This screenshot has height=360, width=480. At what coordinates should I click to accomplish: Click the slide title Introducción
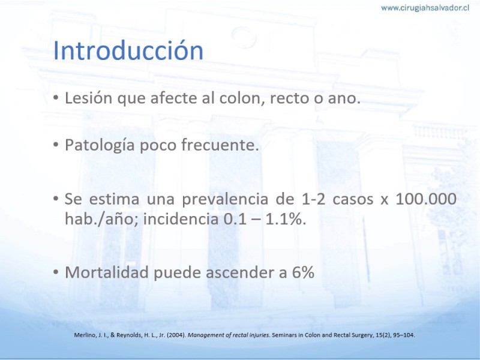point(128,50)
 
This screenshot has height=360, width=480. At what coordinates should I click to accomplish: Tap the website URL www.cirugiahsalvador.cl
point(425,8)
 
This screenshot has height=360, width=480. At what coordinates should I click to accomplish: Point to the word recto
point(291,99)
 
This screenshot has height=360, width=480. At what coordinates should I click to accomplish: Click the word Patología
point(100,145)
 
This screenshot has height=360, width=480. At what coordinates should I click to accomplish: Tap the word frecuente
point(220,145)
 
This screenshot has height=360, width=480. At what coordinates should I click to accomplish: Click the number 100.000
point(426,199)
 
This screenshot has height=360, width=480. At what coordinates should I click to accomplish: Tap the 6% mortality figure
point(304,272)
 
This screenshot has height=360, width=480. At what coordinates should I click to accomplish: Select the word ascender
point(239,273)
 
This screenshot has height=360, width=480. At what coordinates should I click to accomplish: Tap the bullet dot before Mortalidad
point(56,272)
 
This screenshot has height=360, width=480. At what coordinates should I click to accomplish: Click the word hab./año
point(102,219)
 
